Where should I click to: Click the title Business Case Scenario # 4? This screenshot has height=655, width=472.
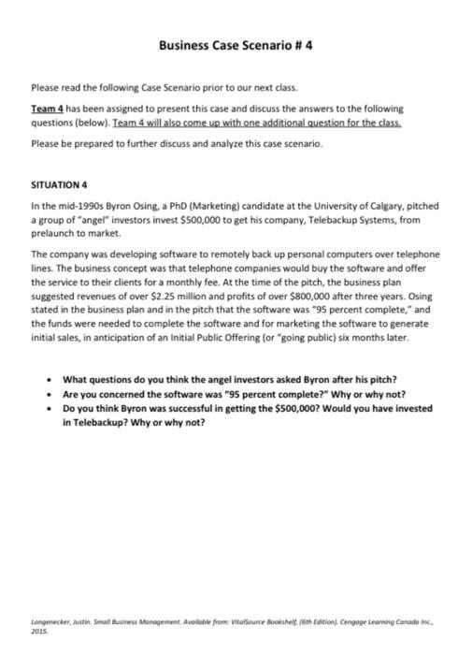pyautogui.click(x=235, y=44)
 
